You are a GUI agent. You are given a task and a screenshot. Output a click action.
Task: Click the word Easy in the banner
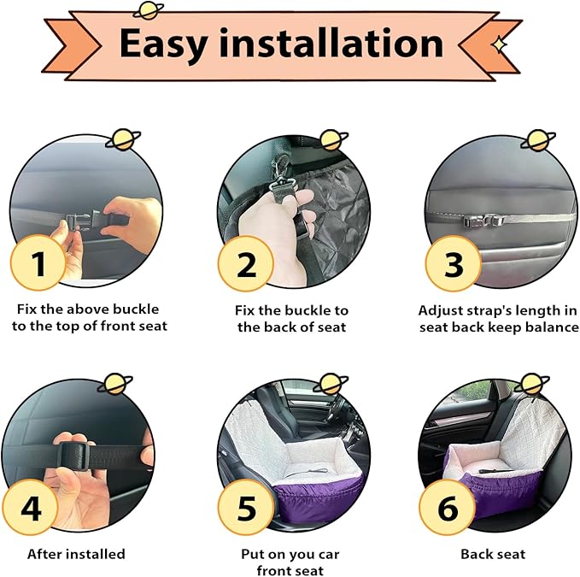click(x=163, y=44)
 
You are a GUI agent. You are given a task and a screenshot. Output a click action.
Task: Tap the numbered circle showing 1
click(x=38, y=262)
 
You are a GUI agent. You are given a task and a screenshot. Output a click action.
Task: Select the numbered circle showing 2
click(x=246, y=264)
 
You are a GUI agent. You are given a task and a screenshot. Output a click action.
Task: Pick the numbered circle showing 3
click(x=453, y=264)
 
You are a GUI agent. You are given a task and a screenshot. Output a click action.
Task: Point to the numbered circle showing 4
click(x=31, y=507)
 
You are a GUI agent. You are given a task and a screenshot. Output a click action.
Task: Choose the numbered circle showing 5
click(x=246, y=507)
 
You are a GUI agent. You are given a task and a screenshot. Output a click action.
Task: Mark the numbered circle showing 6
click(x=448, y=507)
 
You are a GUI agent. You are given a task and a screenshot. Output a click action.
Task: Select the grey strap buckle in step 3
click(x=484, y=221)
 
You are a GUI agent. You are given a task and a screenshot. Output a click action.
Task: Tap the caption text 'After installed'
click(x=76, y=554)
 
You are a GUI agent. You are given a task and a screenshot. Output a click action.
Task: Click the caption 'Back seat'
click(x=493, y=554)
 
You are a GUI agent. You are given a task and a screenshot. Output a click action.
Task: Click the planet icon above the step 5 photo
click(x=331, y=384)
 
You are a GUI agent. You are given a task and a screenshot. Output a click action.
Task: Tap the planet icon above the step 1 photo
click(x=123, y=139)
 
